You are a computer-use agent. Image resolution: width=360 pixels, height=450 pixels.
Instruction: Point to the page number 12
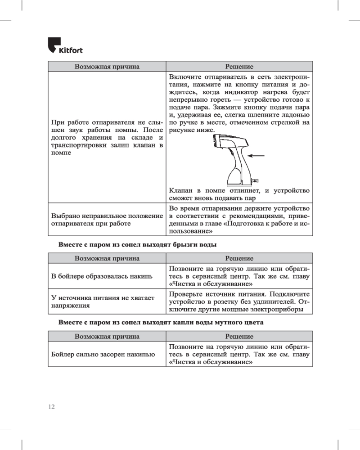[x=51, y=406]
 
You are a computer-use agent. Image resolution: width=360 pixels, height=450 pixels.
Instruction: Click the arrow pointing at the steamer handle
[x=256, y=156]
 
